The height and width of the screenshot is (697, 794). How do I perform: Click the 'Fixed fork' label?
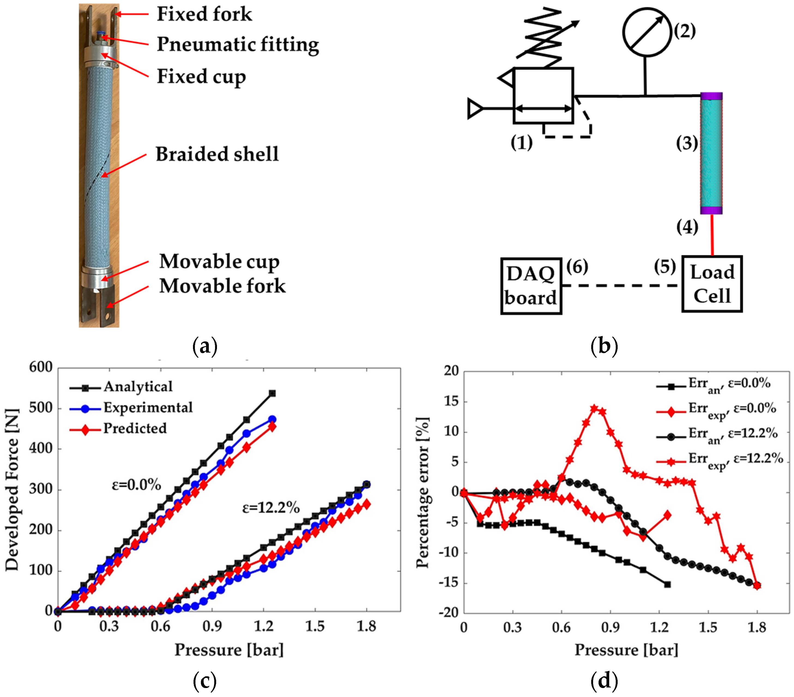tap(204, 14)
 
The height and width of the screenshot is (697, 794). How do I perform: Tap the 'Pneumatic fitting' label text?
tap(238, 44)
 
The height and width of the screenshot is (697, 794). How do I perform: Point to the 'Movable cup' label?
tap(219, 261)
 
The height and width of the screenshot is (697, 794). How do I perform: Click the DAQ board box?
tap(531, 286)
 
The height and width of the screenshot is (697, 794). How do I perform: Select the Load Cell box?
tap(712, 284)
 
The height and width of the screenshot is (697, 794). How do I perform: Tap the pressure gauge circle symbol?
tap(647, 32)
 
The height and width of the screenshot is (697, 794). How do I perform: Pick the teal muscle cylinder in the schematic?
tap(711, 153)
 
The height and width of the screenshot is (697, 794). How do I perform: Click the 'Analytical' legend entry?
tap(138, 387)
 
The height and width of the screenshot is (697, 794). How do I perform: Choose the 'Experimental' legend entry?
tap(148, 407)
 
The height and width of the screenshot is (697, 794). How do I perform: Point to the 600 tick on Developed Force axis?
tap(41, 367)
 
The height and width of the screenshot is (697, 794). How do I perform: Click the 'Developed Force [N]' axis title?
tap(13, 490)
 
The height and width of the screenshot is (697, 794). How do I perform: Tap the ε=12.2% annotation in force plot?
tap(271, 508)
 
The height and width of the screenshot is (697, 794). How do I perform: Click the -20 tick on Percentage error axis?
tap(449, 612)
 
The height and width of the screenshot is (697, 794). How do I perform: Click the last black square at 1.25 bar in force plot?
tap(272, 393)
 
